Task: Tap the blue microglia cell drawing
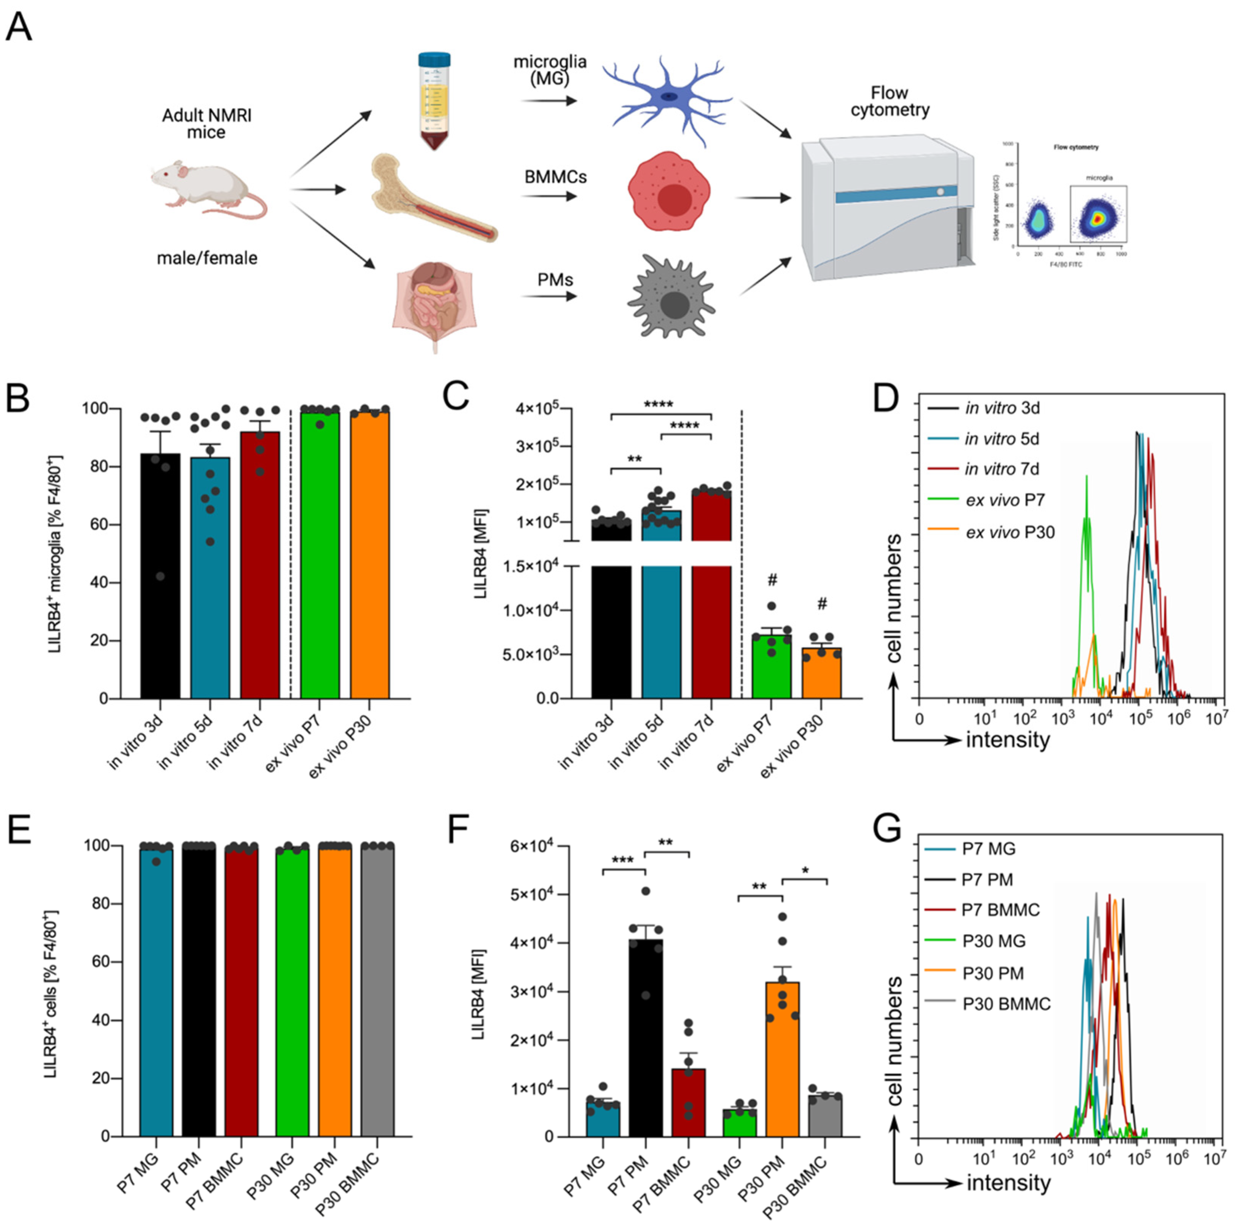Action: point(667,99)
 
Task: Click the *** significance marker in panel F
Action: point(623,860)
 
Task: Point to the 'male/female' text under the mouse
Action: point(207,258)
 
